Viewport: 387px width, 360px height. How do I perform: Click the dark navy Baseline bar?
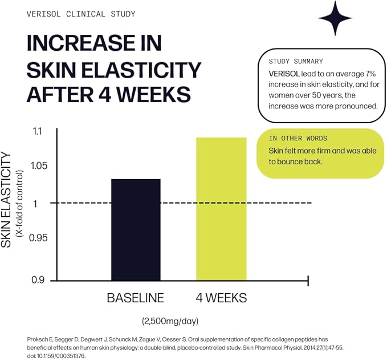tap(136, 229)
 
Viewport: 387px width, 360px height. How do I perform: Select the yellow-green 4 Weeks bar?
tap(221, 209)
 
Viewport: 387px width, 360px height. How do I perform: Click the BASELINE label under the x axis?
tap(136, 298)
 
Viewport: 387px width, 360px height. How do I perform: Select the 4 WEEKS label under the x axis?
tap(221, 298)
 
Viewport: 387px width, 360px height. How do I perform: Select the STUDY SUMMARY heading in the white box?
tap(296, 61)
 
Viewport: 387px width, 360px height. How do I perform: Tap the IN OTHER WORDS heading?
tap(299, 139)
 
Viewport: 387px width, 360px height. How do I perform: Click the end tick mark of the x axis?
tap(307, 280)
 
